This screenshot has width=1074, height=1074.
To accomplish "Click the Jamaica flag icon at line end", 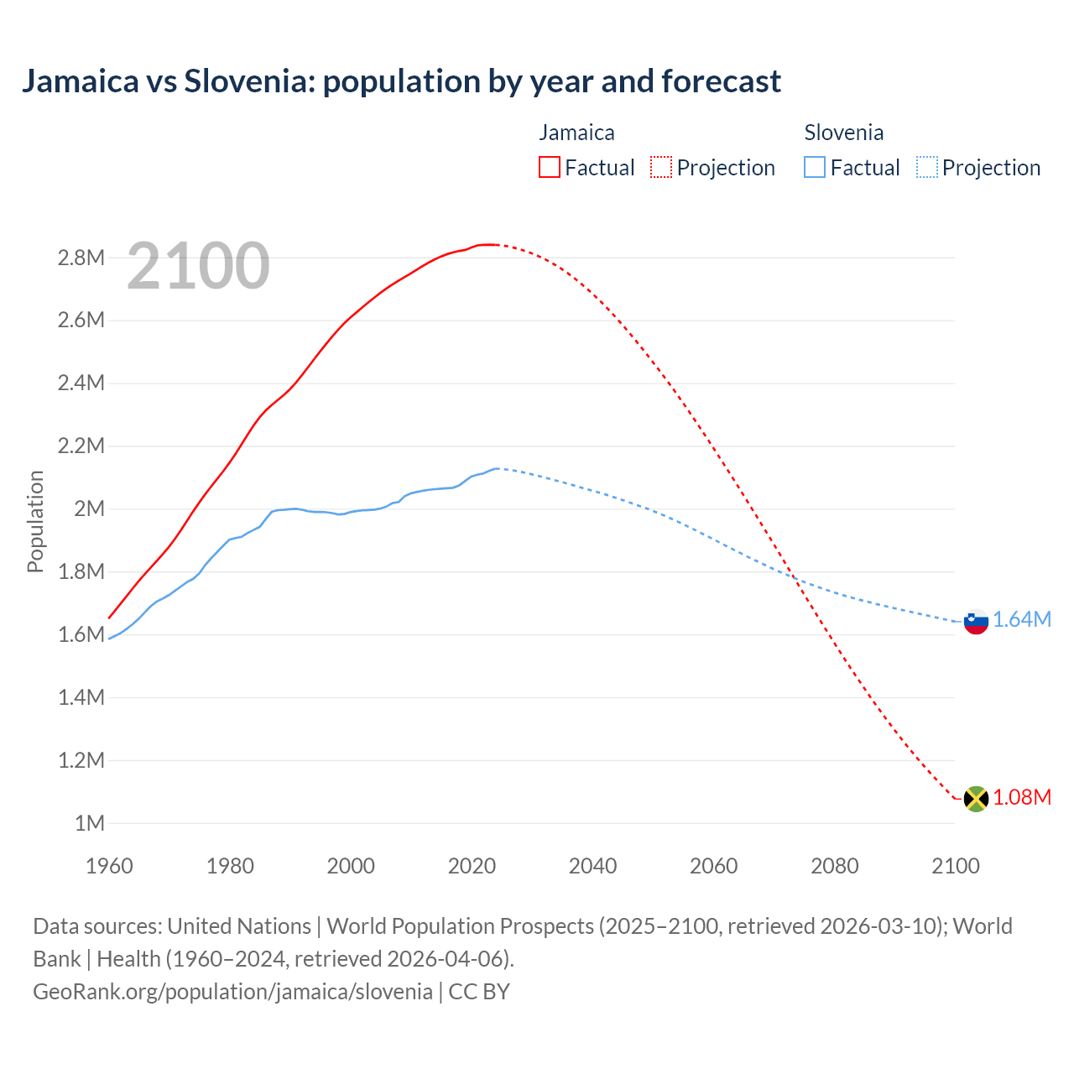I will pyautogui.click(x=975, y=798).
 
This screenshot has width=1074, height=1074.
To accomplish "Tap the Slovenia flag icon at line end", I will pyautogui.click(x=975, y=622).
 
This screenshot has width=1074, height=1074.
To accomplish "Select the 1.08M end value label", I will pyautogui.click(x=1022, y=797).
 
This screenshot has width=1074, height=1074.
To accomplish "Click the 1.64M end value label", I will pyautogui.click(x=1022, y=619).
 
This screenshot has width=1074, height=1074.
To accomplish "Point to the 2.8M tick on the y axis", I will pyautogui.click(x=81, y=258).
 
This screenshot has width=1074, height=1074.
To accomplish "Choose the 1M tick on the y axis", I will pyautogui.click(x=89, y=823).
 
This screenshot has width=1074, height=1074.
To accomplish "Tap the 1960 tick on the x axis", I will pyautogui.click(x=109, y=866).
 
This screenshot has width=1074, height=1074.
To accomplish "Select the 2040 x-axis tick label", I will pyautogui.click(x=592, y=866).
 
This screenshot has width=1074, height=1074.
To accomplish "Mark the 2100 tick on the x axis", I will pyautogui.click(x=955, y=866).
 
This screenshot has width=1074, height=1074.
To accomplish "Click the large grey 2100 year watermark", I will pyautogui.click(x=198, y=266).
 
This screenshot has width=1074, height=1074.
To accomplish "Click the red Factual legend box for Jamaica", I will pyautogui.click(x=549, y=168).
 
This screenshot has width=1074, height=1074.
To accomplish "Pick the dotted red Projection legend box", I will pyautogui.click(x=661, y=168).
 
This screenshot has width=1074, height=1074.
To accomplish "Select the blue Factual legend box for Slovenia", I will pyautogui.click(x=814, y=168).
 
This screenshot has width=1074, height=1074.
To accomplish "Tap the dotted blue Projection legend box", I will pyautogui.click(x=926, y=168).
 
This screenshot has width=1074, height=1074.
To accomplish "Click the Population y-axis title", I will pyautogui.click(x=35, y=521).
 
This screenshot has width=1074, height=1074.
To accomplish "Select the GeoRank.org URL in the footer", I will pyautogui.click(x=232, y=991).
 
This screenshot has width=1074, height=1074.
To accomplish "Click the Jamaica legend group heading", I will pyautogui.click(x=576, y=133).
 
